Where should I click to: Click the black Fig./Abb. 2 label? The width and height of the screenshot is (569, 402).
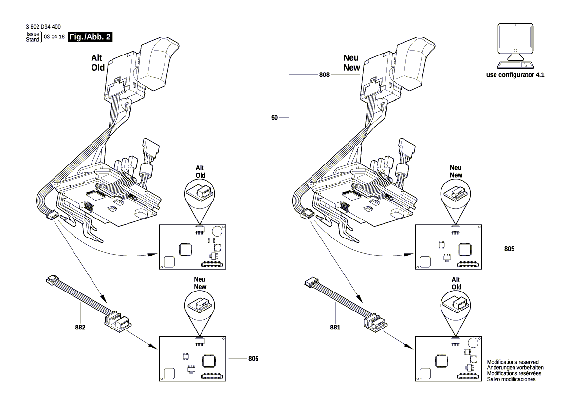click(x=91, y=37)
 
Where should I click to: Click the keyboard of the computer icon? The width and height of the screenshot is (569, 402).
click(x=515, y=65)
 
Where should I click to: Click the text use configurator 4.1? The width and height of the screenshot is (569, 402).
click(x=515, y=76)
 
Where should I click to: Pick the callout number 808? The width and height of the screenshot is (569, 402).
click(x=325, y=75)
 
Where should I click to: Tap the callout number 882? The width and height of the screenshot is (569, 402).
click(x=81, y=328)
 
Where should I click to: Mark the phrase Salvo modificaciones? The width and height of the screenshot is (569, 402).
click(x=512, y=379)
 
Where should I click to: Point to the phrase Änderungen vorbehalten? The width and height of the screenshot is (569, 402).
click(x=515, y=368)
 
